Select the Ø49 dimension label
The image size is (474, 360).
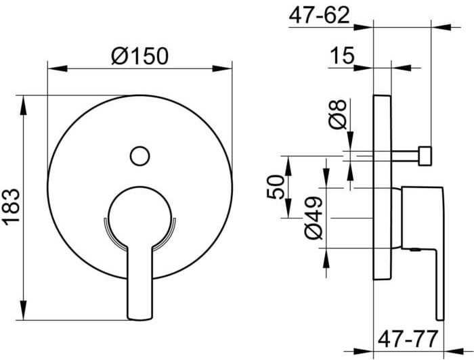313,219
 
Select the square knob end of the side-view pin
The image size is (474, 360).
425,155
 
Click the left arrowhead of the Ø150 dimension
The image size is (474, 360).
51,67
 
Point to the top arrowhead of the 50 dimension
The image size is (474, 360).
289,160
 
